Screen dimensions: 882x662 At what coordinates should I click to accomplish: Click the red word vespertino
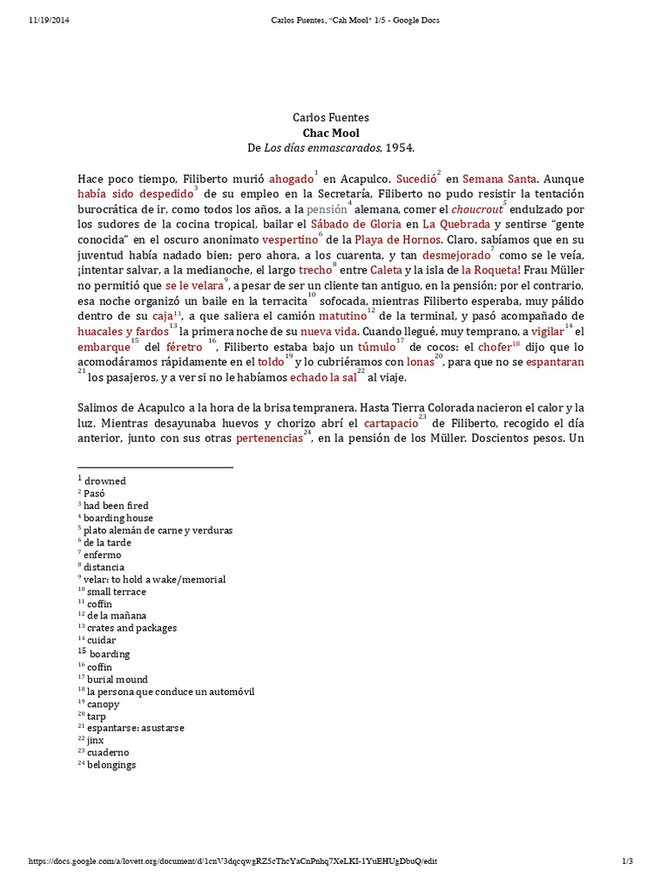[x=288, y=240]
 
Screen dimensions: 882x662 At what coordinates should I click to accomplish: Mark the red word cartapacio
[x=390, y=424]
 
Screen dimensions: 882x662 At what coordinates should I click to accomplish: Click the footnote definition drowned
[x=104, y=481]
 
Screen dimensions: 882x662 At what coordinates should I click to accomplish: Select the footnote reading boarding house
[x=118, y=518]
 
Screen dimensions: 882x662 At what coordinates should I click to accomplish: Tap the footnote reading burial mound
[x=117, y=679]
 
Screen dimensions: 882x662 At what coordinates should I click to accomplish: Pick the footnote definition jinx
[x=95, y=740]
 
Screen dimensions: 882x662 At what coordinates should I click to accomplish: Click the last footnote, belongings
[x=111, y=764]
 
